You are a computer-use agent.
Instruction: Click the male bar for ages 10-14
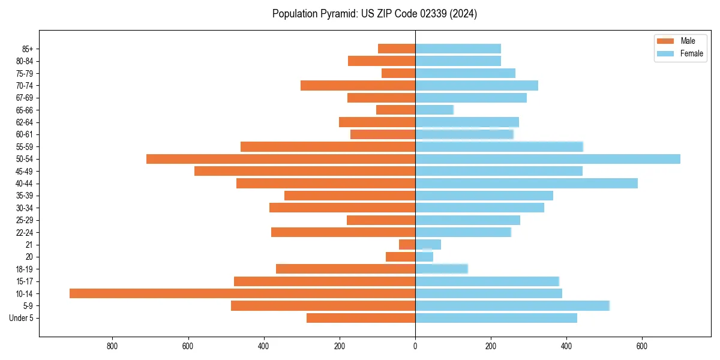(x=242, y=293)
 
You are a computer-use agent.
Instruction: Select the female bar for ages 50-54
(x=548, y=159)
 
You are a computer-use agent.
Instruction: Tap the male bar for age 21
(x=407, y=244)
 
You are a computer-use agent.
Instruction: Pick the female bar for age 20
(x=424, y=257)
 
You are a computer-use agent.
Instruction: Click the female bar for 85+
(x=458, y=49)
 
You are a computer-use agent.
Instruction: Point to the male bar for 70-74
(x=358, y=85)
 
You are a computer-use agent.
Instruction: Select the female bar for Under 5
(x=496, y=318)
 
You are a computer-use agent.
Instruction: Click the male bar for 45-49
(x=305, y=171)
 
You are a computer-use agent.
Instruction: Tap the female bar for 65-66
(x=434, y=110)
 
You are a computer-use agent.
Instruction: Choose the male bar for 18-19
(x=346, y=269)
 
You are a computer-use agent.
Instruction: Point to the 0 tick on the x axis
(x=415, y=346)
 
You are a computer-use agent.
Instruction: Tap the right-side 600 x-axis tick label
(x=641, y=346)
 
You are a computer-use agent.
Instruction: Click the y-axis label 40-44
(x=25, y=184)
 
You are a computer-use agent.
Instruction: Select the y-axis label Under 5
(x=22, y=318)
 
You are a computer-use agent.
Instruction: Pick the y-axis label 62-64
(x=25, y=122)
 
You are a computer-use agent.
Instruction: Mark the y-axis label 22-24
(x=25, y=232)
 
